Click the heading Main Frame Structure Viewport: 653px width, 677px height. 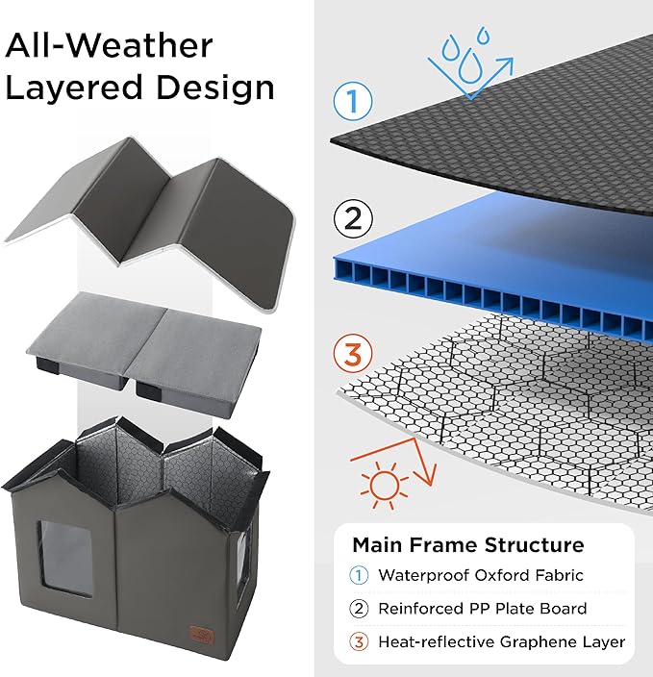[x=467, y=545]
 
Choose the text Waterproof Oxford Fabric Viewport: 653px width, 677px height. [x=482, y=576]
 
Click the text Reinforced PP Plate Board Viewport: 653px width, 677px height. [x=482, y=609]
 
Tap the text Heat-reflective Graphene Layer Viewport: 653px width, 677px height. [x=501, y=641]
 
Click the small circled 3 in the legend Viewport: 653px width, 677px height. [x=360, y=641]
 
